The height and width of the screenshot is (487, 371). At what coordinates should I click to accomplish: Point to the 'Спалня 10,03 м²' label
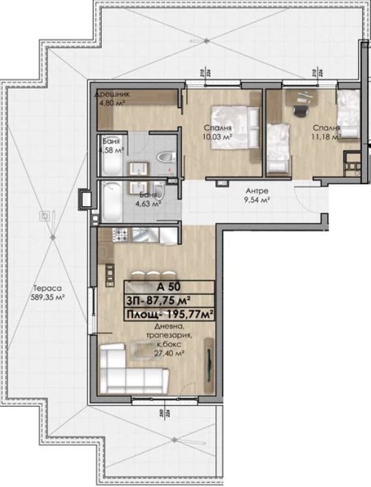pyautogui.click(x=217, y=133)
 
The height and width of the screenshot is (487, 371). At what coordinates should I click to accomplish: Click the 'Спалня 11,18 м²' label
pyautogui.click(x=326, y=132)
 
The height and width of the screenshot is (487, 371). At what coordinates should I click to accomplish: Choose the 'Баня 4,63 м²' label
pyautogui.click(x=147, y=200)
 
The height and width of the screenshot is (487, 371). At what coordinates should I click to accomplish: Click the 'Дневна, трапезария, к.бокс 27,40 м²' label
pyautogui.click(x=169, y=340)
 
